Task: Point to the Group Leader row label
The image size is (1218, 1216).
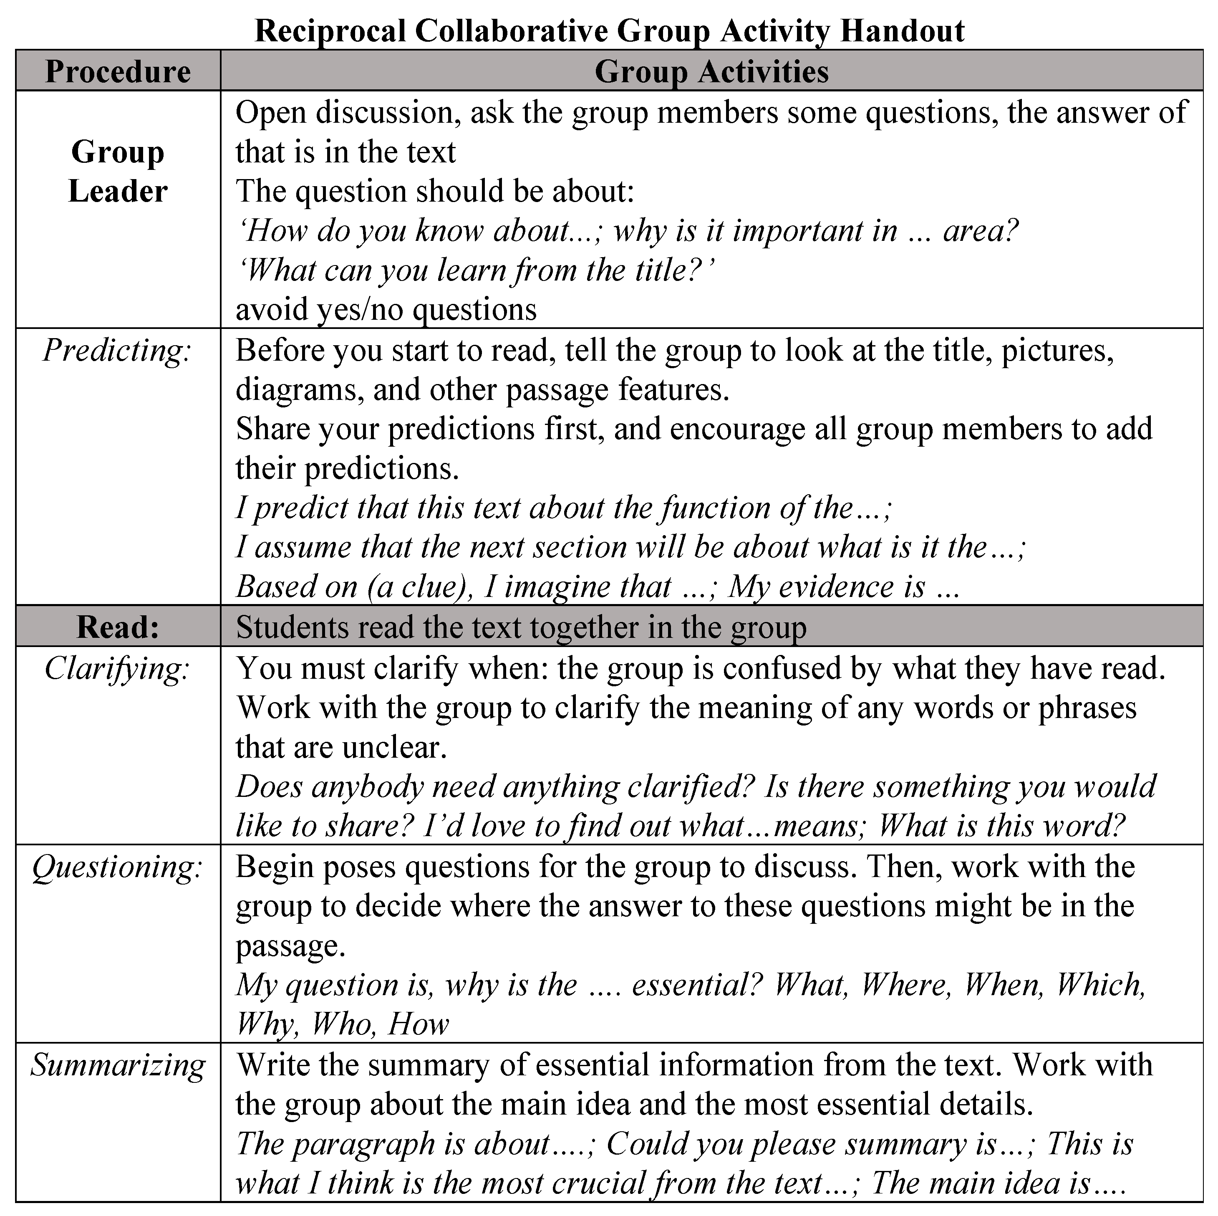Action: point(118,172)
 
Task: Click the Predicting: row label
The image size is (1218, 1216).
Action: point(117,350)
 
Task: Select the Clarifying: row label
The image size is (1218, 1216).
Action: point(117,669)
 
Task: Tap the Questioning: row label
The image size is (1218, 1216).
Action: point(117,867)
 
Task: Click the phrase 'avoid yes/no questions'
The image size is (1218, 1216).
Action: point(386,310)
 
